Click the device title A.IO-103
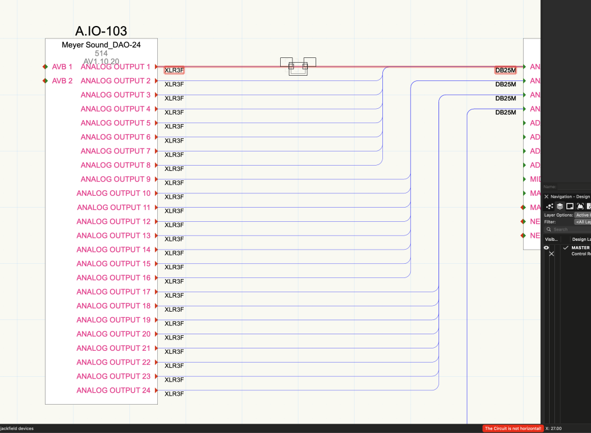pos(101,31)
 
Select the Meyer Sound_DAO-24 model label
pos(101,45)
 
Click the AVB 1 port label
pos(62,67)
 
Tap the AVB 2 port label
pos(62,81)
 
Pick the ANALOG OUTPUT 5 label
pos(116,123)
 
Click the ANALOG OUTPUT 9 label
pos(116,179)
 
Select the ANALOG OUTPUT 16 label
pos(113,278)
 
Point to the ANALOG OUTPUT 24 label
pos(113,390)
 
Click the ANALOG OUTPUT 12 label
pos(113,221)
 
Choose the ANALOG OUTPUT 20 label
pos(113,334)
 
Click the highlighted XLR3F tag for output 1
pos(174,70)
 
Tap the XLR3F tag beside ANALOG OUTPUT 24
pos(174,394)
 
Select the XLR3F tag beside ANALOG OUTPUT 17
pos(174,296)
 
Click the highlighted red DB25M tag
pos(505,70)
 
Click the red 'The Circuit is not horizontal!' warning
pos(512,428)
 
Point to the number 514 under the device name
pos(101,53)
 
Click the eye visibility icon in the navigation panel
pos(547,248)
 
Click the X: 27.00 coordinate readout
pos(554,428)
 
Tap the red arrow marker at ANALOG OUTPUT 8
pos(156,165)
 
